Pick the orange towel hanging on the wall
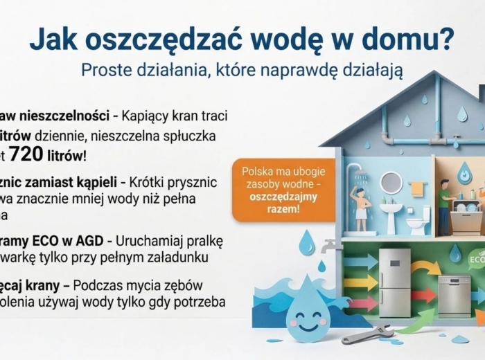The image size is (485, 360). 417,188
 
